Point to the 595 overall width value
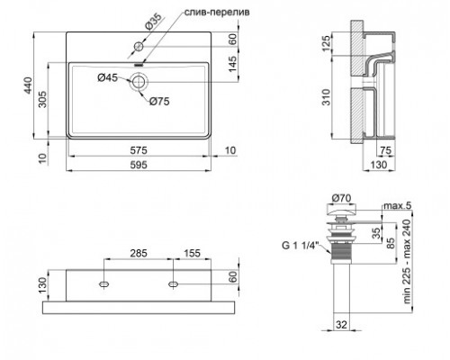coord(139,166)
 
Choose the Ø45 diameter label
coord(107,76)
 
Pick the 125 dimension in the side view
coord(328,45)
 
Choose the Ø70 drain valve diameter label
coord(343,198)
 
